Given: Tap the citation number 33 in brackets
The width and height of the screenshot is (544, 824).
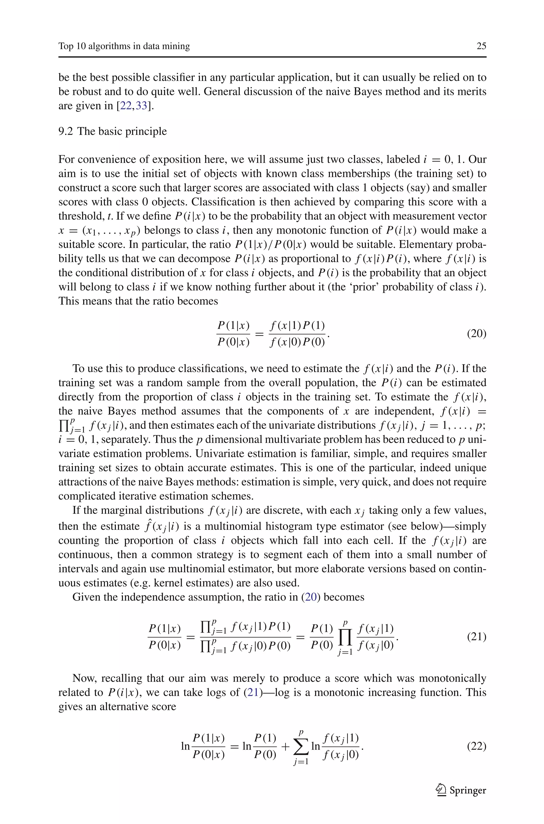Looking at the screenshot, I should (142, 106).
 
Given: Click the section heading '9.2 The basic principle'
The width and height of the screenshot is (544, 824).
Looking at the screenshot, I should (112, 131).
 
